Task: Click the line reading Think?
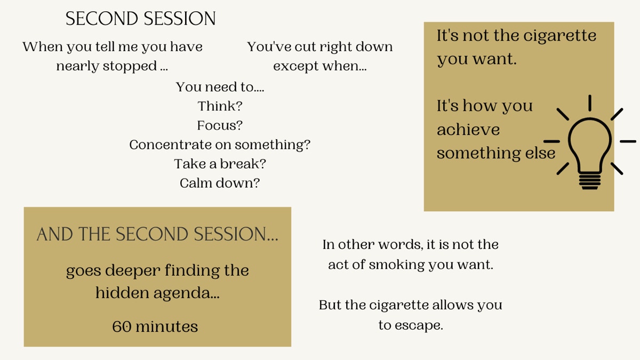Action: [220, 106]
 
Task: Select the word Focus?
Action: [220, 125]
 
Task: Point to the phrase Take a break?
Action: [220, 164]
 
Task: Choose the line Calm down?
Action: [220, 183]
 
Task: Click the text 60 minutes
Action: [155, 326]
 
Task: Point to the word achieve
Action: [468, 130]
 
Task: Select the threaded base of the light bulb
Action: [590, 181]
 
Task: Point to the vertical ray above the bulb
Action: [590, 103]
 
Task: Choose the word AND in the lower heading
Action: [54, 234]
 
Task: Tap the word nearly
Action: [77, 67]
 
